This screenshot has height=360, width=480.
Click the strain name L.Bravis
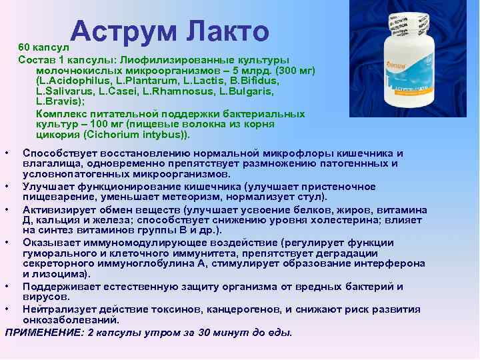[x=59, y=102]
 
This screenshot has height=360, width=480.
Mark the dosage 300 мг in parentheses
[x=293, y=70]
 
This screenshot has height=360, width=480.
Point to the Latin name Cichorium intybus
[x=140, y=134]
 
